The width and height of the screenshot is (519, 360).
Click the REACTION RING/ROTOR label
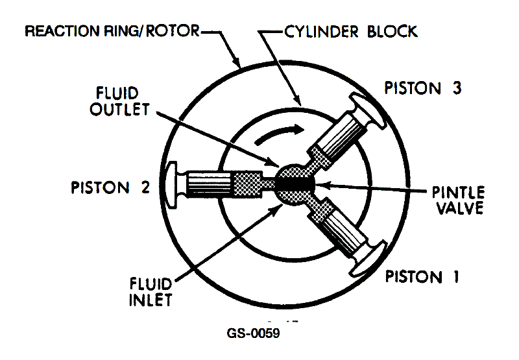[x=112, y=31]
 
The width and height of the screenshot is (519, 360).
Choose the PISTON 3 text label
[x=422, y=88]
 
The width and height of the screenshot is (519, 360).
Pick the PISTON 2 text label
[x=111, y=188]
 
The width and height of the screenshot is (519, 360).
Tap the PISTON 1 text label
[x=422, y=278]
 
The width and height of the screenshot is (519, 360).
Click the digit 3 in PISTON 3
[x=457, y=88]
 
